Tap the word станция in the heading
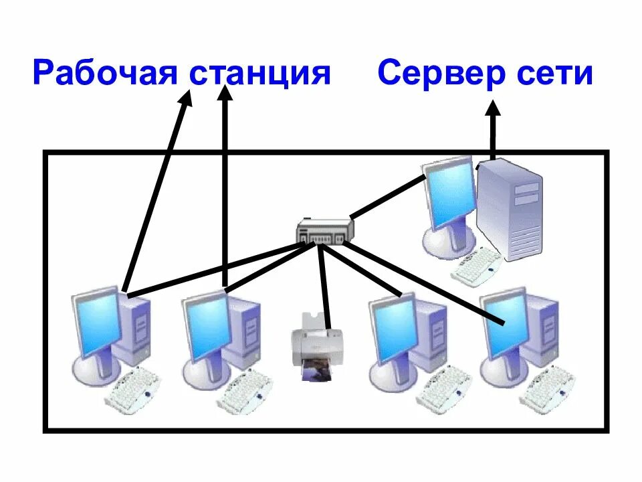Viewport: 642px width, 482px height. [261, 74]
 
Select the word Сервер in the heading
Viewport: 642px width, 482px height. [442, 72]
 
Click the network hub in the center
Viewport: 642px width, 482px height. [325, 232]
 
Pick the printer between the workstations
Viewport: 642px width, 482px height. [311, 341]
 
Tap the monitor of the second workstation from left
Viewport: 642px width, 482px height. [207, 325]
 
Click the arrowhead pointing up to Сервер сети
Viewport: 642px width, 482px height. [493, 110]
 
